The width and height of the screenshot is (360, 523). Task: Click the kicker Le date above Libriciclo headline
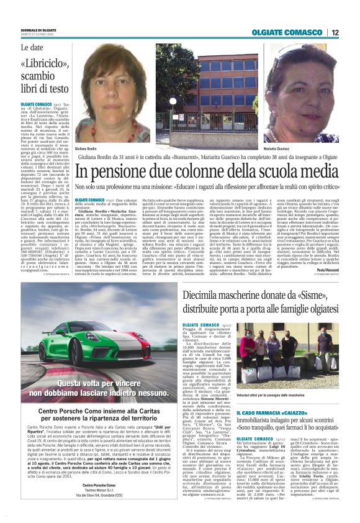pos(32,47)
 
